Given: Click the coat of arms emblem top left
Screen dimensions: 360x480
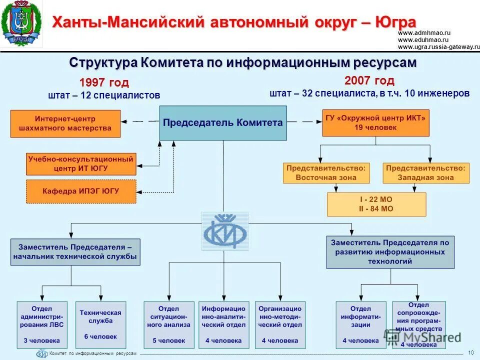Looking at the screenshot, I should coord(21,23).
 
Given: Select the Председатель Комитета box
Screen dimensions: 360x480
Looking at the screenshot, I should coord(223,122).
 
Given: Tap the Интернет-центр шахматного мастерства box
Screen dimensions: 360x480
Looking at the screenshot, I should coord(65,123).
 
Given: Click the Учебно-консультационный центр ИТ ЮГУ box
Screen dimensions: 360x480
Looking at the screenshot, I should coord(81,164).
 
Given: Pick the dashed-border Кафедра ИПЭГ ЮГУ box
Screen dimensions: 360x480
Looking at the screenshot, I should coord(81,191).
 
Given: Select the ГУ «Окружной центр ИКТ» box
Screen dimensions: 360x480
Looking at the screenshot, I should coord(375,123).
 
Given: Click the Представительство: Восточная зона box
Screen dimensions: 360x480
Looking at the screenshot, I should coord(326,173).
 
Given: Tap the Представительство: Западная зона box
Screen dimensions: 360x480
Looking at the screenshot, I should coord(426,173).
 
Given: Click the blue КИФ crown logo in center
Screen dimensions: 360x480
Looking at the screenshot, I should coord(225,231).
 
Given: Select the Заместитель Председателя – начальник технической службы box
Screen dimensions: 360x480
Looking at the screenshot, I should coord(75,252).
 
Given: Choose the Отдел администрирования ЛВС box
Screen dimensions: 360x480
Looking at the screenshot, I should coord(42,324).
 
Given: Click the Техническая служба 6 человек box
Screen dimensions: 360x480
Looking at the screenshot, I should coord(100,324).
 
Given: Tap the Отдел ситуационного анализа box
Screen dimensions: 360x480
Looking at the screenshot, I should coord(168,324).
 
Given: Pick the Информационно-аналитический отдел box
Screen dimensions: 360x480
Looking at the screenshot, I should coord(224,324).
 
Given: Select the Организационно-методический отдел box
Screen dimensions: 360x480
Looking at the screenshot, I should coord(280,324).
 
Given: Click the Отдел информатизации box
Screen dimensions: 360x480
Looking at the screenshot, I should coord(360,324).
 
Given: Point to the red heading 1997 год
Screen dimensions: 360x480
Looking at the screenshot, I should coord(104,82).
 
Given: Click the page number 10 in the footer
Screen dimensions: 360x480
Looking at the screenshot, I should coord(470,353).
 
